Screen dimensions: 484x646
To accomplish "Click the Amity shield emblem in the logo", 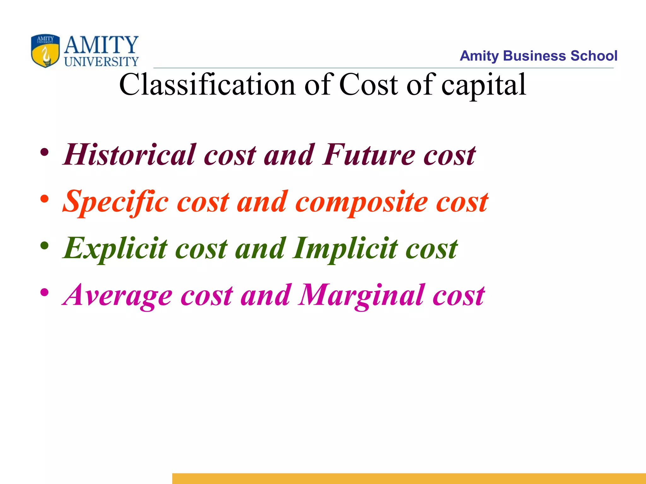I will (45, 51).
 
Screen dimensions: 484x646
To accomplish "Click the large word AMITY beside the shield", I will (101, 45).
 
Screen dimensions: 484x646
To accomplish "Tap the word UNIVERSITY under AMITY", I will (101, 61).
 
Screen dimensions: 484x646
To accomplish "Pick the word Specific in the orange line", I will (115, 202).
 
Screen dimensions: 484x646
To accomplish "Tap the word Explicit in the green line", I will (115, 249).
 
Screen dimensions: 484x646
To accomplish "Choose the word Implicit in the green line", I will (345, 249).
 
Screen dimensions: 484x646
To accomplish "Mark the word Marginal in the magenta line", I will (361, 296).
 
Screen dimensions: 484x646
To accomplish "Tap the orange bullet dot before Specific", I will (44, 199).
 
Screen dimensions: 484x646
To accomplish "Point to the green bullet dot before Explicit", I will (44, 246).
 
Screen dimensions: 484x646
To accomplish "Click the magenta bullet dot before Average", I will (44, 292).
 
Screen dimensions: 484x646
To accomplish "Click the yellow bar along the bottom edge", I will (409, 478).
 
